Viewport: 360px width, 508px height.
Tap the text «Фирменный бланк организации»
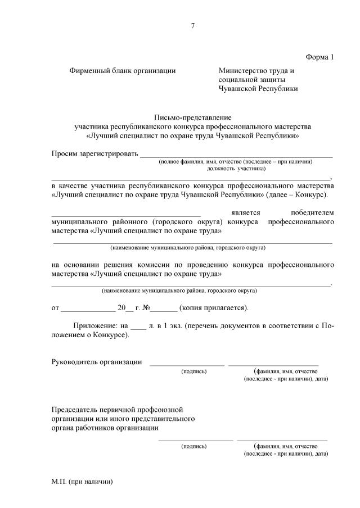click(x=123, y=71)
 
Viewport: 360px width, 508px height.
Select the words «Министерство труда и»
click(x=256, y=71)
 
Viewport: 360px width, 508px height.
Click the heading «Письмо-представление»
click(x=193, y=117)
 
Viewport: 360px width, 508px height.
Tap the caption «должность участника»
click(x=236, y=168)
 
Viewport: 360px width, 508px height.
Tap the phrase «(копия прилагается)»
click(x=214, y=308)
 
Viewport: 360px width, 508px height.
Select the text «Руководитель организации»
click(x=96, y=362)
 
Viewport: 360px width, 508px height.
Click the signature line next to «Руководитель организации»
click(x=186, y=364)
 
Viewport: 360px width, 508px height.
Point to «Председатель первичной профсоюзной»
click(x=117, y=409)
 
